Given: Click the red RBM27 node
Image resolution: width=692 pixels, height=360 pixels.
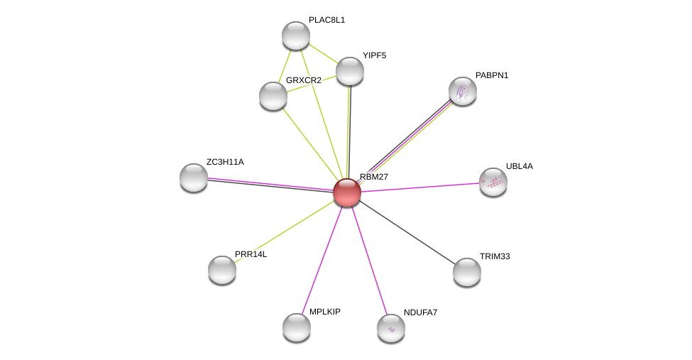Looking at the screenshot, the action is point(347,192).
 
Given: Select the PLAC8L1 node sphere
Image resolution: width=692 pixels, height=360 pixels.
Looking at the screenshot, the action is point(296,36).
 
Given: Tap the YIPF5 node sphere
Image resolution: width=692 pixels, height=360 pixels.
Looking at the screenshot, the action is point(349,71).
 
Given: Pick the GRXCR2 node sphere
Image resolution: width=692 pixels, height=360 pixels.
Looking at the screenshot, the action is point(273,96).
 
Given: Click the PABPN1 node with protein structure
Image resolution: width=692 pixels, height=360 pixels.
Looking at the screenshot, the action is point(463,91).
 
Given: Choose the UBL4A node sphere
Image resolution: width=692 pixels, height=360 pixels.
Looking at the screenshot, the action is point(493,182).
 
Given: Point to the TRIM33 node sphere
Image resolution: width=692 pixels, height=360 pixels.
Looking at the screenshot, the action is point(467,272).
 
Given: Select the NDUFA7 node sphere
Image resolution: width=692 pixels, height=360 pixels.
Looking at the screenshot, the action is point(391,328).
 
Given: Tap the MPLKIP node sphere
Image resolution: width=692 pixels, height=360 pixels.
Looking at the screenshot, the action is point(297,327).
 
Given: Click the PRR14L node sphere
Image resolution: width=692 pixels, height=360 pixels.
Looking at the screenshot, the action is point(222,270).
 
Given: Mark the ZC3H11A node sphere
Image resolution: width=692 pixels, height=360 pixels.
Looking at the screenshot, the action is point(193,178).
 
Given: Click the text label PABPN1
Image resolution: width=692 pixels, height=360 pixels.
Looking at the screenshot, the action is point(492,75).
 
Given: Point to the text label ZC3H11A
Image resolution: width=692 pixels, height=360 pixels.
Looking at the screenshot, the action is point(225,162).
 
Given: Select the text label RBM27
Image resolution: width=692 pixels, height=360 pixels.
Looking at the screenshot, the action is point(374,177).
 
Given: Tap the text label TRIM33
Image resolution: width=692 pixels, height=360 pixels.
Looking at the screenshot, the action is point(495,256).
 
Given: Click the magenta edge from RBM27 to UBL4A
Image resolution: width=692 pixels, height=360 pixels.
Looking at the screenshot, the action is point(421,187).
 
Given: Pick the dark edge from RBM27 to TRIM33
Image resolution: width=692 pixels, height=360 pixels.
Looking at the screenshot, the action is point(407,233).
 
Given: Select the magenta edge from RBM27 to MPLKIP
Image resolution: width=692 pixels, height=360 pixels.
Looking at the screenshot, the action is point(322,260).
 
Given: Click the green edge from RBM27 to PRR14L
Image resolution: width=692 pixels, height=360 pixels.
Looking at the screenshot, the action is point(285,231).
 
